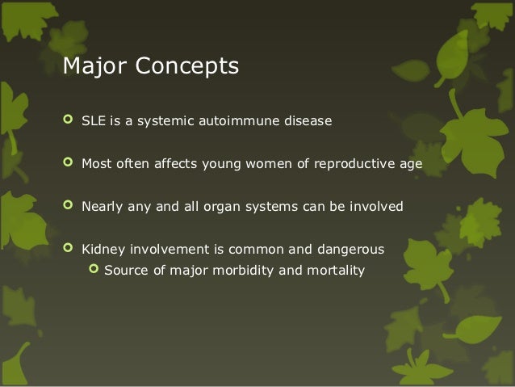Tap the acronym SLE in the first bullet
click(x=93, y=122)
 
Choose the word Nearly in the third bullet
click(x=101, y=207)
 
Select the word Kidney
click(x=101, y=249)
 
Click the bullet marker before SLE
click(x=67, y=122)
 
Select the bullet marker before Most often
click(x=67, y=165)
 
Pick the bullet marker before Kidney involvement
click(x=67, y=249)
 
